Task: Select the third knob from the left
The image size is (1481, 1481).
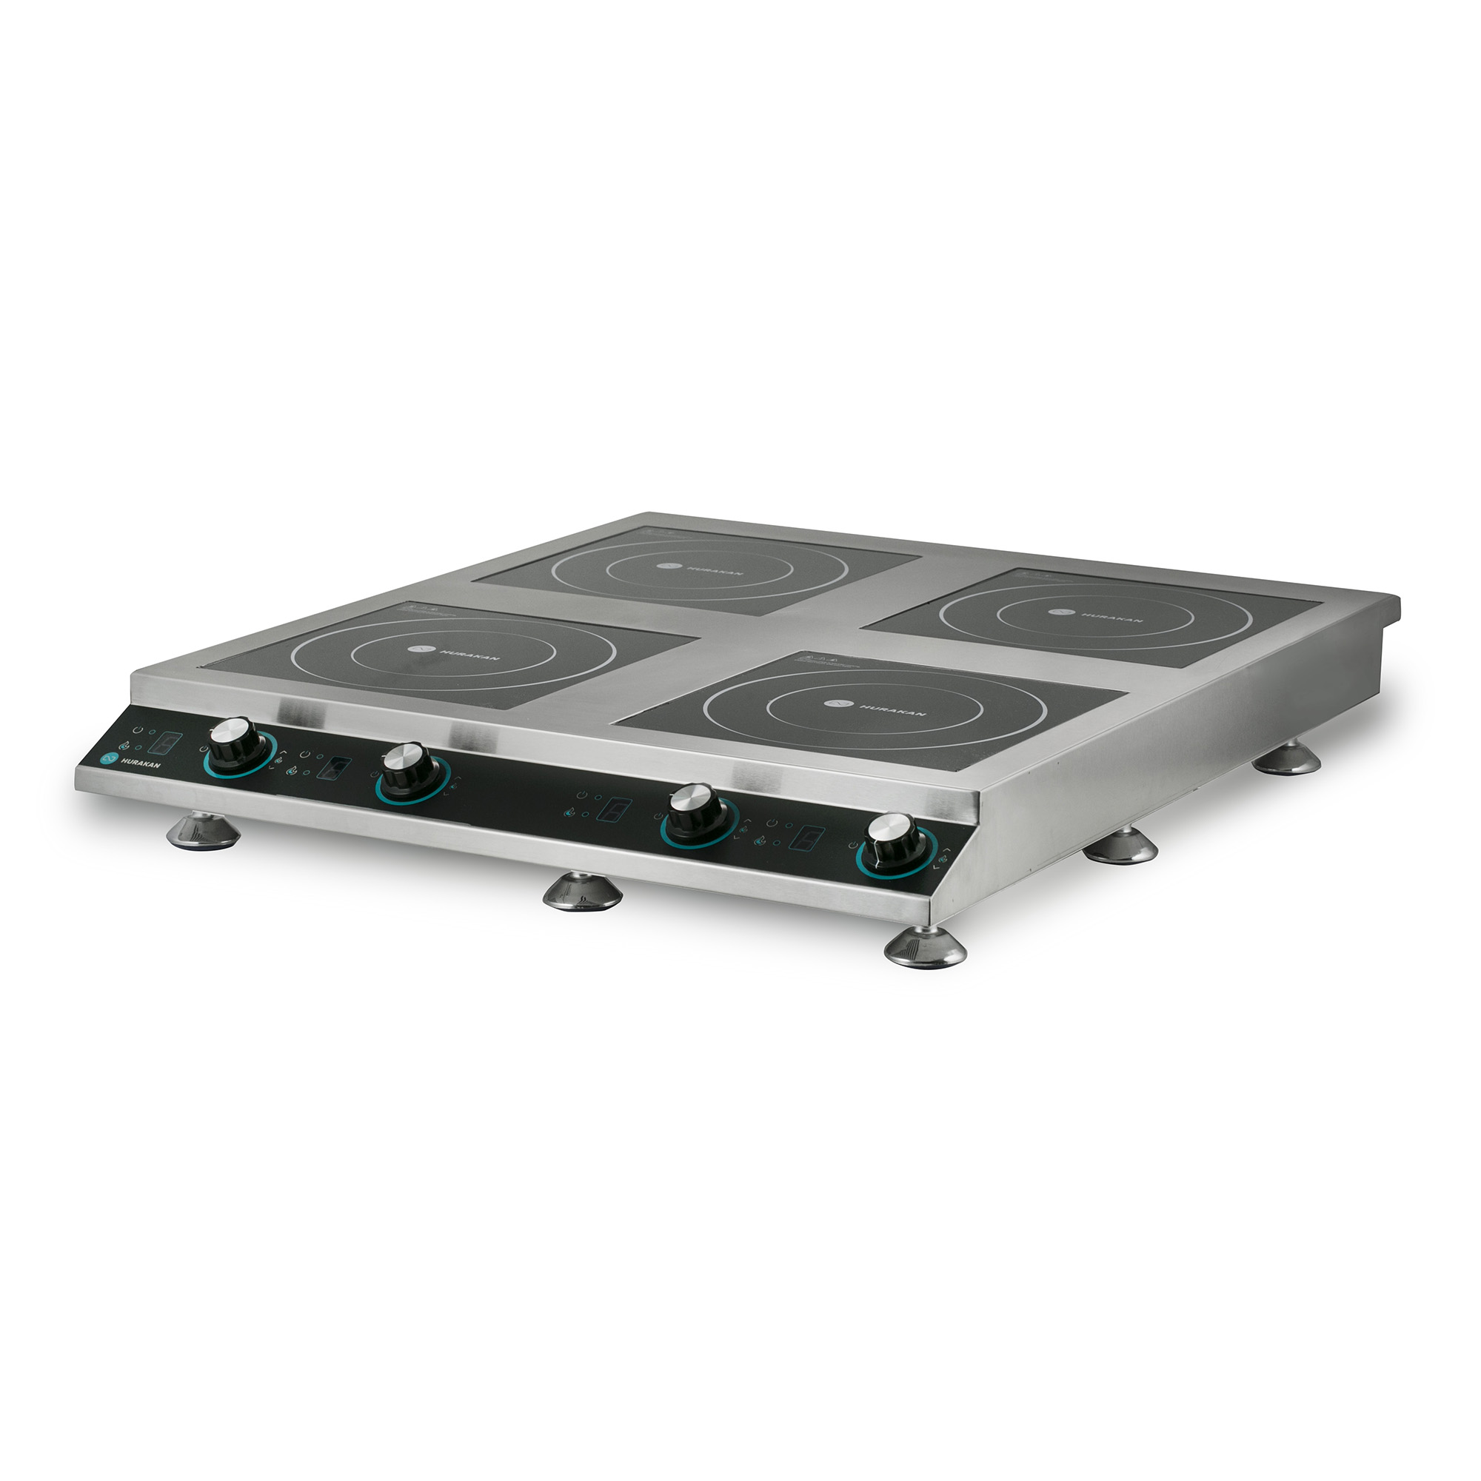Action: (695, 810)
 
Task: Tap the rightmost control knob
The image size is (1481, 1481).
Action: (892, 840)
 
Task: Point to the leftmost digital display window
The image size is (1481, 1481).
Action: (166, 743)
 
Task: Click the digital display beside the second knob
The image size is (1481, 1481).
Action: (335, 767)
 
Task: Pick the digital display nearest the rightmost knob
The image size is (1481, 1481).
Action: (808, 837)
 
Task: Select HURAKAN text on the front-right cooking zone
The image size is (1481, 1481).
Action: (892, 711)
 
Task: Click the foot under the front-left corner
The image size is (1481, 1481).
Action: (203, 832)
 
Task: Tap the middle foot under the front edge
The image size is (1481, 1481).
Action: (582, 892)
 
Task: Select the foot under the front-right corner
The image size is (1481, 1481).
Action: (924, 949)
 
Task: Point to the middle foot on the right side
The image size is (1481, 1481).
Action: (1120, 847)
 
